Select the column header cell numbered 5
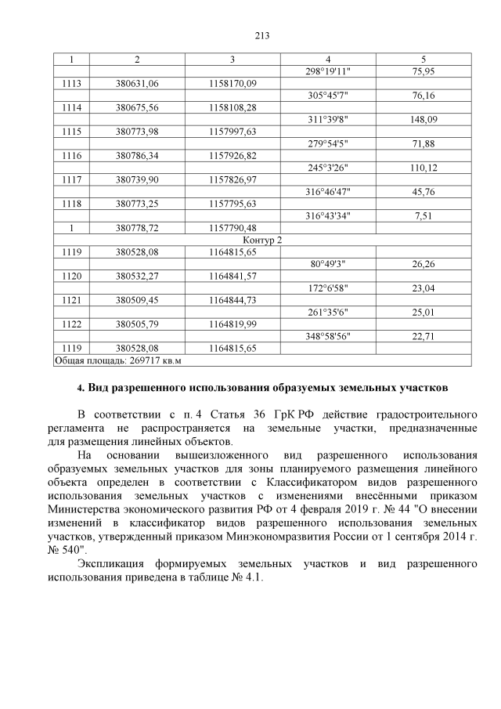(x=424, y=59)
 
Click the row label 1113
(x=72, y=83)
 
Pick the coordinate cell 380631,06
(x=137, y=83)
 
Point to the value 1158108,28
(x=232, y=107)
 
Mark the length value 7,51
(x=424, y=215)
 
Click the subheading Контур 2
(x=262, y=239)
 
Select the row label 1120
(x=72, y=276)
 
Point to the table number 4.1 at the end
(x=252, y=578)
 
